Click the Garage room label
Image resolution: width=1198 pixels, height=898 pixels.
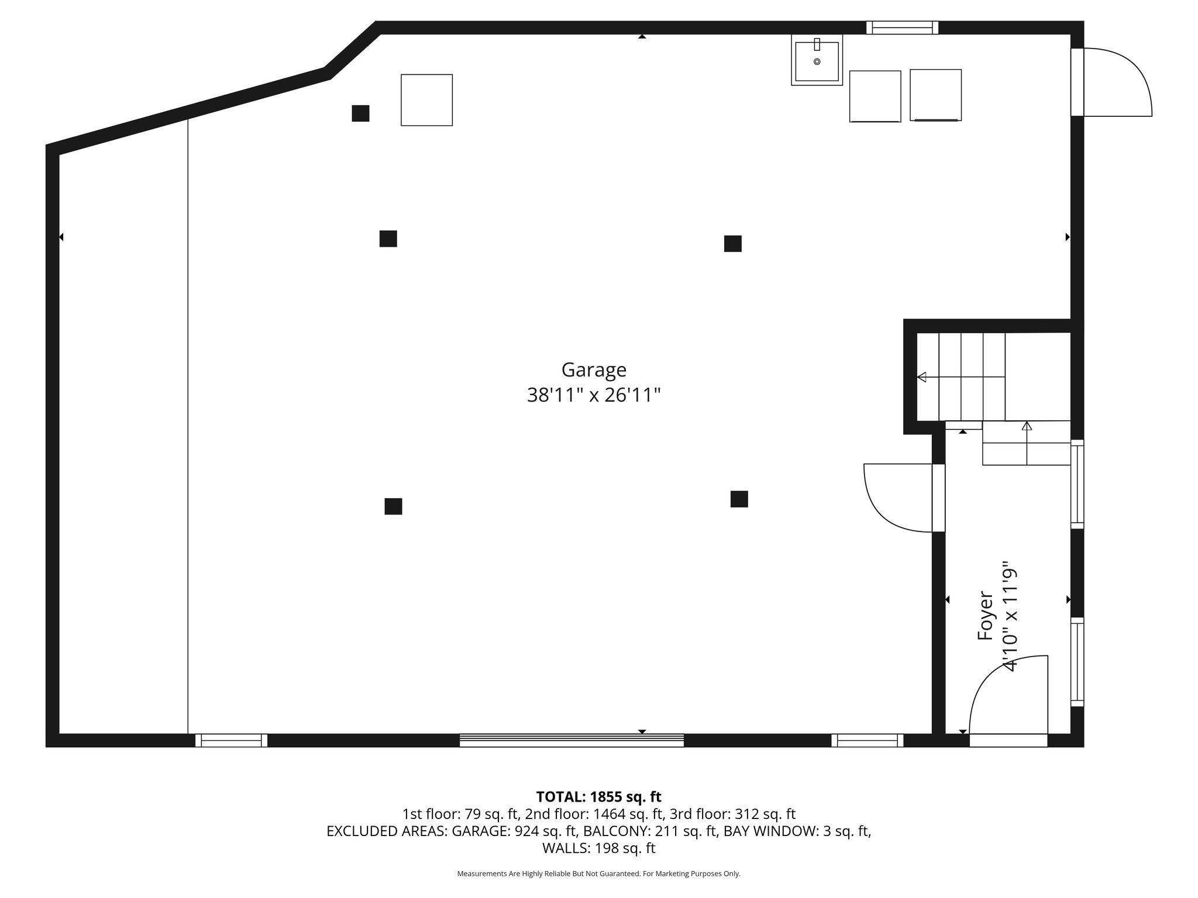coord(594,370)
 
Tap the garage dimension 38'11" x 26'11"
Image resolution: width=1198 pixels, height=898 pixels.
coord(594,396)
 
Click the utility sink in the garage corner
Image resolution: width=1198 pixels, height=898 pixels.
coord(817,60)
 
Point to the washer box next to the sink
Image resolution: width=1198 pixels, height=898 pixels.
coord(875,96)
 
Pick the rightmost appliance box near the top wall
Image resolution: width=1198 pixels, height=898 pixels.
coord(935,95)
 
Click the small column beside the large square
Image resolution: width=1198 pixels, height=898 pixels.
coord(360,113)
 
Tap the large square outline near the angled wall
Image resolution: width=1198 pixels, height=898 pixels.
coord(426,100)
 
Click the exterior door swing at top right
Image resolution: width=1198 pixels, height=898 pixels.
coord(1114,82)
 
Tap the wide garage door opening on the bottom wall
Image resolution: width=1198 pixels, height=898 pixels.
coord(572,740)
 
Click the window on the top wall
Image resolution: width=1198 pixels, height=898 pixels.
coord(902,27)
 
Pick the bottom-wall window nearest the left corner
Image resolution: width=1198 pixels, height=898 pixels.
coord(231,740)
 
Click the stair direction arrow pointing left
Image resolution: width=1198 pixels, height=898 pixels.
coord(922,377)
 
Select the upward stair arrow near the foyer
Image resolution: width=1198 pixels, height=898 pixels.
coord(1027,426)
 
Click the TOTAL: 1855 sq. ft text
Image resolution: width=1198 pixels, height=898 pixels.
coord(598,797)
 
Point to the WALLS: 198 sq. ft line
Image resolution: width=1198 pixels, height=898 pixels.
coord(598,848)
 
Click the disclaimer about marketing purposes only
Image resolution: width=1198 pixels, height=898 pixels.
coord(598,873)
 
